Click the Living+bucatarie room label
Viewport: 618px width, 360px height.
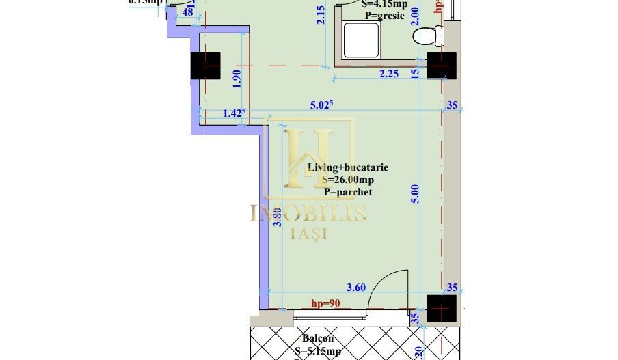[348, 167]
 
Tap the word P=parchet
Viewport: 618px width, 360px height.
[348, 192]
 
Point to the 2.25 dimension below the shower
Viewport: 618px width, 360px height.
[388, 74]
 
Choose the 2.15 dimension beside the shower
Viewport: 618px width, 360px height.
[321, 15]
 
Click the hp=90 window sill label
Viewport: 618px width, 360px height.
[325, 303]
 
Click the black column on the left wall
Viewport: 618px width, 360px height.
[206, 66]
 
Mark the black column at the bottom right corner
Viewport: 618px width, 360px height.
[441, 309]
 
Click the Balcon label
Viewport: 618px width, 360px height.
[318, 338]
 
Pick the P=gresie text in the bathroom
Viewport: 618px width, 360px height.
[385, 15]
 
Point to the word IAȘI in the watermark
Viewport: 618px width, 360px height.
[309, 233]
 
